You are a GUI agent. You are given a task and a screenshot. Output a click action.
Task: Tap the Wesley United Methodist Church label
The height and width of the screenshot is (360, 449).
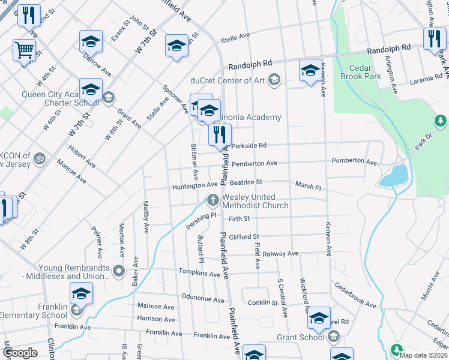pyautogui.click(x=255, y=201)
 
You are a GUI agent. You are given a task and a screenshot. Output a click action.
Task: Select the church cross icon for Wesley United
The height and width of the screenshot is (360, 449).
pyautogui.click(x=212, y=200)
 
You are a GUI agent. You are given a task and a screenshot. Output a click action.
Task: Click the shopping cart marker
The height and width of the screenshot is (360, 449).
pyautogui.click(x=25, y=50)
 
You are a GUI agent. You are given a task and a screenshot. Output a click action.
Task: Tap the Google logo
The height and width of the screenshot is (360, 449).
pyautogui.click(x=20, y=353)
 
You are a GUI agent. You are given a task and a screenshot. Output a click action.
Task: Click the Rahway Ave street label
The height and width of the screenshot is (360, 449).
pyautogui.click(x=280, y=254)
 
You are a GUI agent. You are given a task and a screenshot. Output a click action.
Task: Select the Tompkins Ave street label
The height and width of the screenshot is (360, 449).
pyautogui.click(x=199, y=274)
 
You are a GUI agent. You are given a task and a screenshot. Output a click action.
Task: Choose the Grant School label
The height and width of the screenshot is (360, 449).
pyautogui.click(x=300, y=337)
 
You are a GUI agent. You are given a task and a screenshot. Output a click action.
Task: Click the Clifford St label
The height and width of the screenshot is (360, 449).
pyautogui.click(x=243, y=237)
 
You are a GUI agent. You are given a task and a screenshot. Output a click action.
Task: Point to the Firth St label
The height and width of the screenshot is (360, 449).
pyautogui.click(x=238, y=219)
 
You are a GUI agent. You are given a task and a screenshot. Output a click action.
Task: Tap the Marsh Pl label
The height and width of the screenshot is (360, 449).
pyautogui.click(x=308, y=187)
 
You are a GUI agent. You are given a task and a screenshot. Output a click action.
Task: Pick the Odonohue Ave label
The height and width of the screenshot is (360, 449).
pyautogui.click(x=203, y=296)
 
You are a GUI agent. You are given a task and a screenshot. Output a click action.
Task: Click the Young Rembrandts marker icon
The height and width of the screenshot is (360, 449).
pyautogui.click(x=119, y=272)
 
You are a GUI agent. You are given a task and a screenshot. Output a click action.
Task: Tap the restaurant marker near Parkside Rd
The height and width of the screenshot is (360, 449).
pyautogui.click(x=220, y=134)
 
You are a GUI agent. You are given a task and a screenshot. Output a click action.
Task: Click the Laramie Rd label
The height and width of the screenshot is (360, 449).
pyautogui.click(x=426, y=79)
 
